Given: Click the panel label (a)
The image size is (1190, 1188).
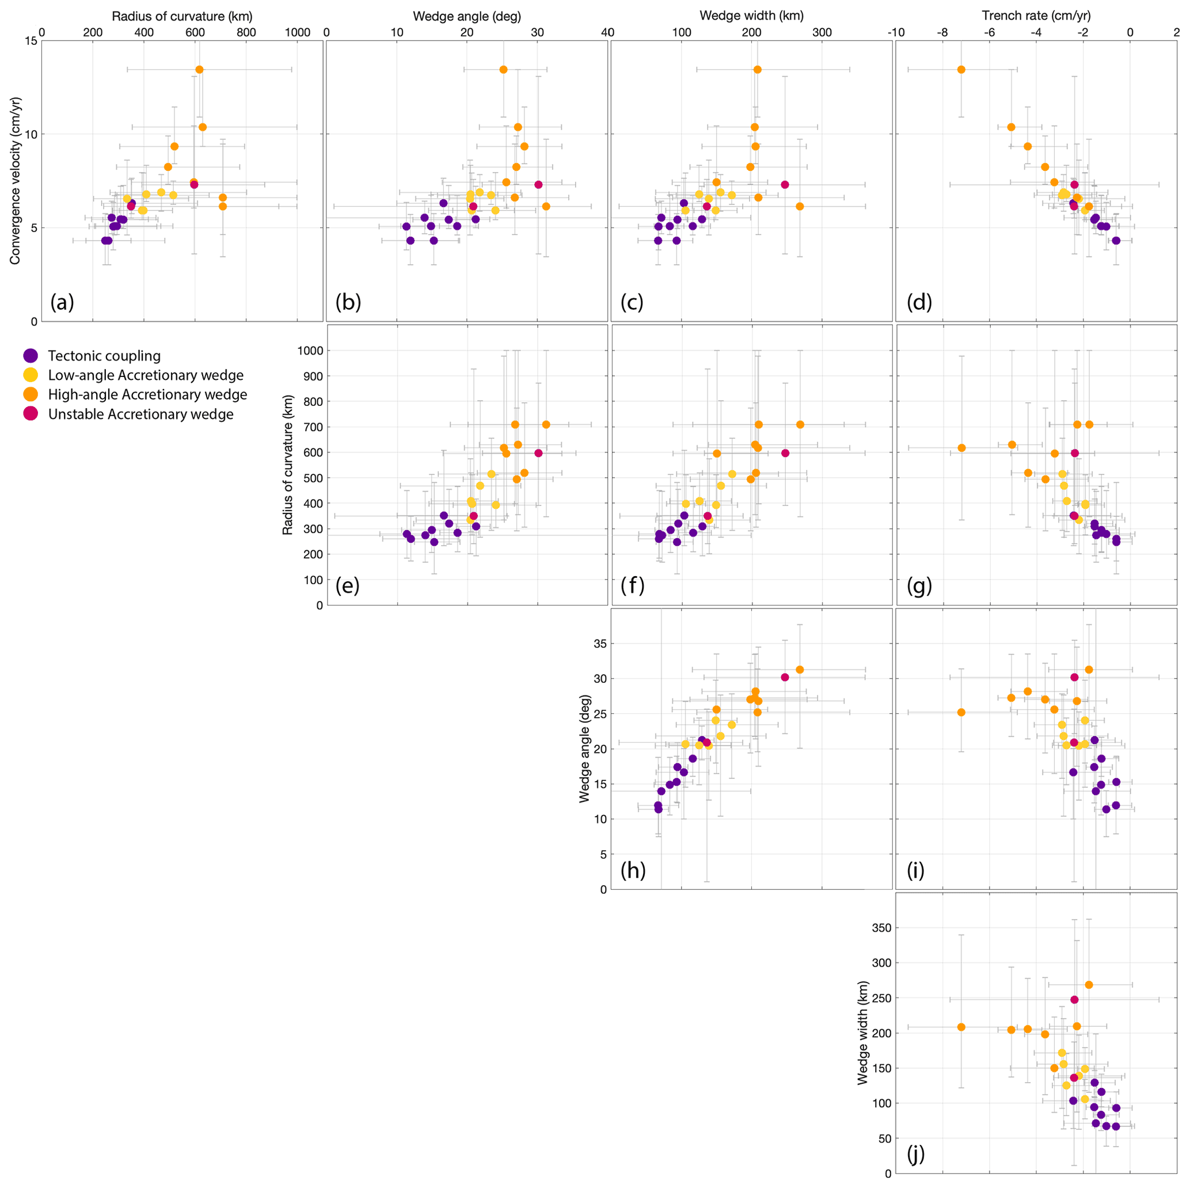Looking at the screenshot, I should pyautogui.click(x=62, y=302).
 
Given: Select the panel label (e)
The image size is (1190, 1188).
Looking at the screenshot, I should pyautogui.click(x=347, y=586).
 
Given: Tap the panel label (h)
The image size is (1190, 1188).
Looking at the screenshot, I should pyautogui.click(x=633, y=870).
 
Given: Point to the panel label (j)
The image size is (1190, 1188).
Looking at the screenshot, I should pyautogui.click(x=915, y=1153).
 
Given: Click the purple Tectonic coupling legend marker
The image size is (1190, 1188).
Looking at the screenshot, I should pyautogui.click(x=30, y=355).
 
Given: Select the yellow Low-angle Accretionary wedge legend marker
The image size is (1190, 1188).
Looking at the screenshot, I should pyautogui.click(x=30, y=375).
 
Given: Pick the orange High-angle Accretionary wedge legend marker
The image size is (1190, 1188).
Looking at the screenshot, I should pyautogui.click(x=30, y=394).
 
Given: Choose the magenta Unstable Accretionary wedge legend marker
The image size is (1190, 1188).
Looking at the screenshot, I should pyautogui.click(x=30, y=414).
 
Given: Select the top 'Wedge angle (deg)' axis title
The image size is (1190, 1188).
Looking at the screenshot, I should pyautogui.click(x=467, y=16).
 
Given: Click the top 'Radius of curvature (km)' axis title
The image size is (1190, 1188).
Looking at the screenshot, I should pyautogui.click(x=182, y=16).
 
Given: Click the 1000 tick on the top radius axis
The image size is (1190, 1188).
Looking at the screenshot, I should pyautogui.click(x=298, y=32).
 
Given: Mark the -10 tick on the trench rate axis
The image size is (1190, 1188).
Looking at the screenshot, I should pyautogui.click(x=896, y=32).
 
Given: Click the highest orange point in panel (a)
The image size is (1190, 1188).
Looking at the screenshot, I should pyautogui.click(x=200, y=70).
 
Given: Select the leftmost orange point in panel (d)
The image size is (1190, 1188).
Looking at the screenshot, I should pyautogui.click(x=961, y=70).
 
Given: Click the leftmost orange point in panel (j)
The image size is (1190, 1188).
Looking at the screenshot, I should pyautogui.click(x=961, y=1027).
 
